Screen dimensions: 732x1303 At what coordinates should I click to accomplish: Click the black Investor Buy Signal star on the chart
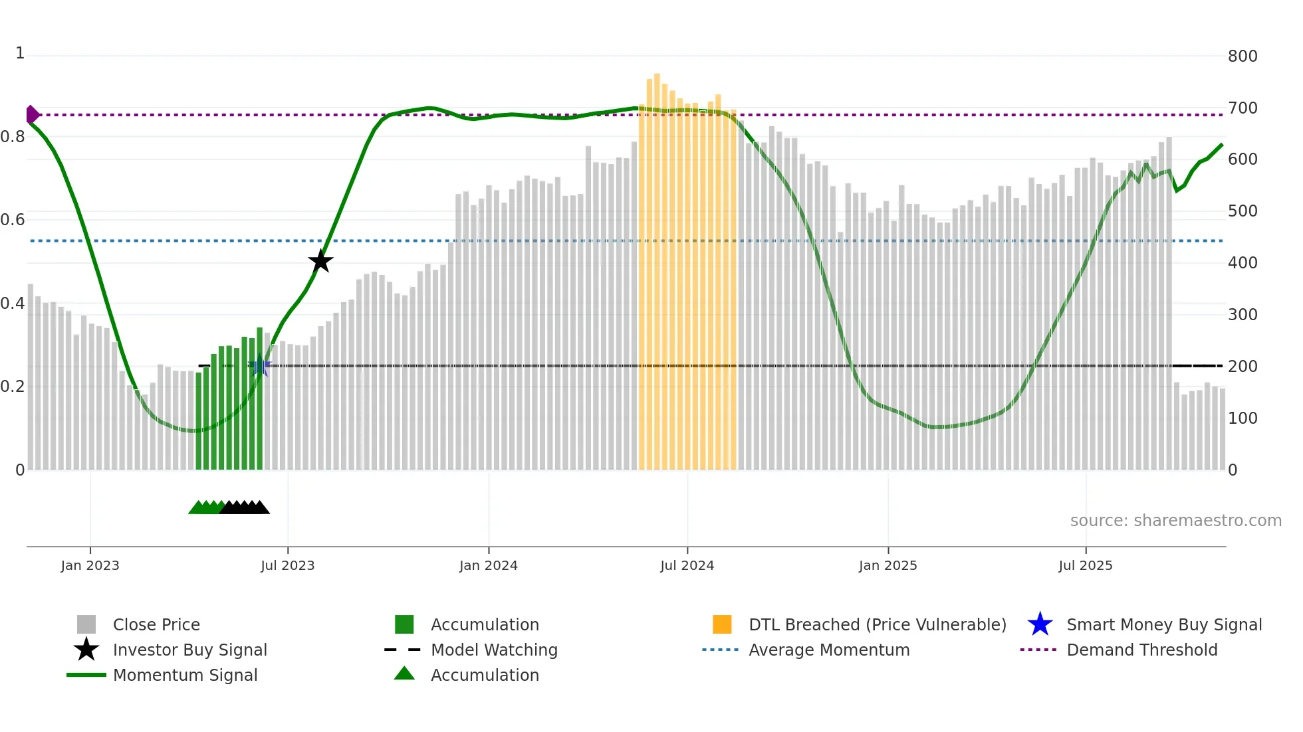[x=320, y=261]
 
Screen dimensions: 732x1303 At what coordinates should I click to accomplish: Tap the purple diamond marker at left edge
[x=32, y=115]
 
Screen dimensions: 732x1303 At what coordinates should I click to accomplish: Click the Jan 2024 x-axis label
[x=488, y=565]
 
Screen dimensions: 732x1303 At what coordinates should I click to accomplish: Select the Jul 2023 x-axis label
[x=287, y=565]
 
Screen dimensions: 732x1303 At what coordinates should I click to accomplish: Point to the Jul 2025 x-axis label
[x=1085, y=565]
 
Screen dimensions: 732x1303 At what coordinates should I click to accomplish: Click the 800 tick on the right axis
[x=1242, y=56]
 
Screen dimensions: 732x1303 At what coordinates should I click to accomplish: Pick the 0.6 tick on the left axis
[x=13, y=219]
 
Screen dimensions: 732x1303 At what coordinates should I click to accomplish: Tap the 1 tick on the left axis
[x=20, y=53]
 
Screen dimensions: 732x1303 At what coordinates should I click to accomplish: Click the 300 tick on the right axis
[x=1242, y=314]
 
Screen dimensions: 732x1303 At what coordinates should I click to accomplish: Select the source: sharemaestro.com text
[x=1175, y=520]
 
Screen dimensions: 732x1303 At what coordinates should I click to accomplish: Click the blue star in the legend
[x=1040, y=624]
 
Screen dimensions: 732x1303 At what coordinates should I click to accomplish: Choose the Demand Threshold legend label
[x=1141, y=650]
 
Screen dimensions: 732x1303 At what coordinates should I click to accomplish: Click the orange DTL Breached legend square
[x=722, y=624]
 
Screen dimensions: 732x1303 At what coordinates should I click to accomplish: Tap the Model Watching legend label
[x=494, y=650]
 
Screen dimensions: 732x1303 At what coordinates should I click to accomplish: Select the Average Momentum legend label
[x=829, y=650]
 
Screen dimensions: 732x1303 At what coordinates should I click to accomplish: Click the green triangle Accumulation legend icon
[x=404, y=674]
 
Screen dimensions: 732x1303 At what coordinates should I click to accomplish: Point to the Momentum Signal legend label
[x=185, y=675]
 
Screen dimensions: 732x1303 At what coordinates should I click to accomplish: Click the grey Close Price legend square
[x=86, y=624]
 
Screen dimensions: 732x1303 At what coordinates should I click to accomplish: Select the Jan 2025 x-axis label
[x=888, y=565]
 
